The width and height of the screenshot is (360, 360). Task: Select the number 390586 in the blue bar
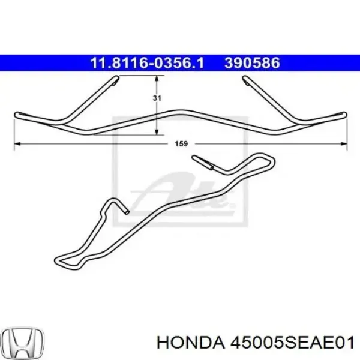[252, 62]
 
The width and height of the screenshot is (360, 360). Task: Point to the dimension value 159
[182, 144]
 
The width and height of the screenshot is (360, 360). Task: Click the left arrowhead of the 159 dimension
[16, 144]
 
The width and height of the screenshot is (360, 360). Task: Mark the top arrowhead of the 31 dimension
[157, 79]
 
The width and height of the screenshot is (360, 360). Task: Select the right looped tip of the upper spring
[343, 113]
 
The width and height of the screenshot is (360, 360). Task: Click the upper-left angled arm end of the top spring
[112, 80]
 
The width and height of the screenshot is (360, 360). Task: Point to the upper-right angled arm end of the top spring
[246, 80]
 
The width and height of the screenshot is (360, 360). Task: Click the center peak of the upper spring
[180, 112]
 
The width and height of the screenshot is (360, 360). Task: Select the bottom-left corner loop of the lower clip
[60, 259]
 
